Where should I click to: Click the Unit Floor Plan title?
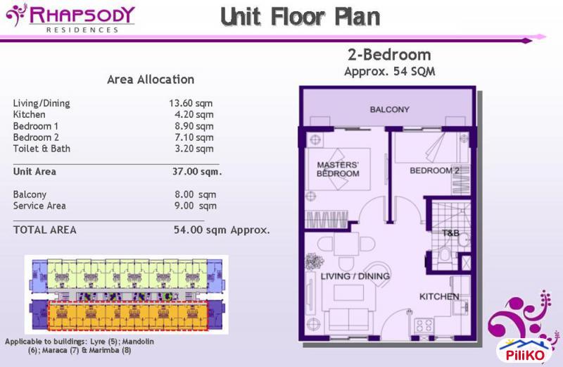pyautogui.click(x=300, y=16)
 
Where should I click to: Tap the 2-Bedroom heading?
pyautogui.click(x=389, y=55)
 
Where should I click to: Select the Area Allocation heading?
pyautogui.click(x=151, y=80)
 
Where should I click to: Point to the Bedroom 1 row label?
pyautogui.click(x=37, y=126)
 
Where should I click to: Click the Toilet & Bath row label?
pyautogui.click(x=42, y=149)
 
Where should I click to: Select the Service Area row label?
pyautogui.click(x=39, y=206)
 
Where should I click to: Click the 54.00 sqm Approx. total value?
pyautogui.click(x=222, y=230)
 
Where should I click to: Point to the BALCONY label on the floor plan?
pyautogui.click(x=389, y=110)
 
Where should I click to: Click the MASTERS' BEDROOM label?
pyautogui.click(x=338, y=170)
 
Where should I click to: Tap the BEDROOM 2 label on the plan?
pyautogui.click(x=435, y=170)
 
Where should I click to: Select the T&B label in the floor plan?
pyautogui.click(x=450, y=233)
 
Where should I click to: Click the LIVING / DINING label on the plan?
pyautogui.click(x=355, y=277)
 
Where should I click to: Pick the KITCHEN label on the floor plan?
pyautogui.click(x=439, y=297)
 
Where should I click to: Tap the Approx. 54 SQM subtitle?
pyautogui.click(x=389, y=72)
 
